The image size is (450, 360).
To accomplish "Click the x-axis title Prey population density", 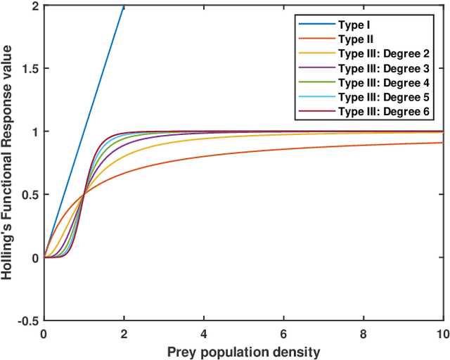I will [243, 352].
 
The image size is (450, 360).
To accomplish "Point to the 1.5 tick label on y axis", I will [30, 68].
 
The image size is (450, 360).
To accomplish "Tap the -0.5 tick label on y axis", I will [28, 321].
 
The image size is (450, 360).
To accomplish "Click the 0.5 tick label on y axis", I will [30, 195].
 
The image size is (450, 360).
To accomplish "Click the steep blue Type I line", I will [84, 131].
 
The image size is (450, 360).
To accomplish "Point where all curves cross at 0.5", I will [84, 194].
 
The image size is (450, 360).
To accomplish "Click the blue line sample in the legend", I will [314, 24].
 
